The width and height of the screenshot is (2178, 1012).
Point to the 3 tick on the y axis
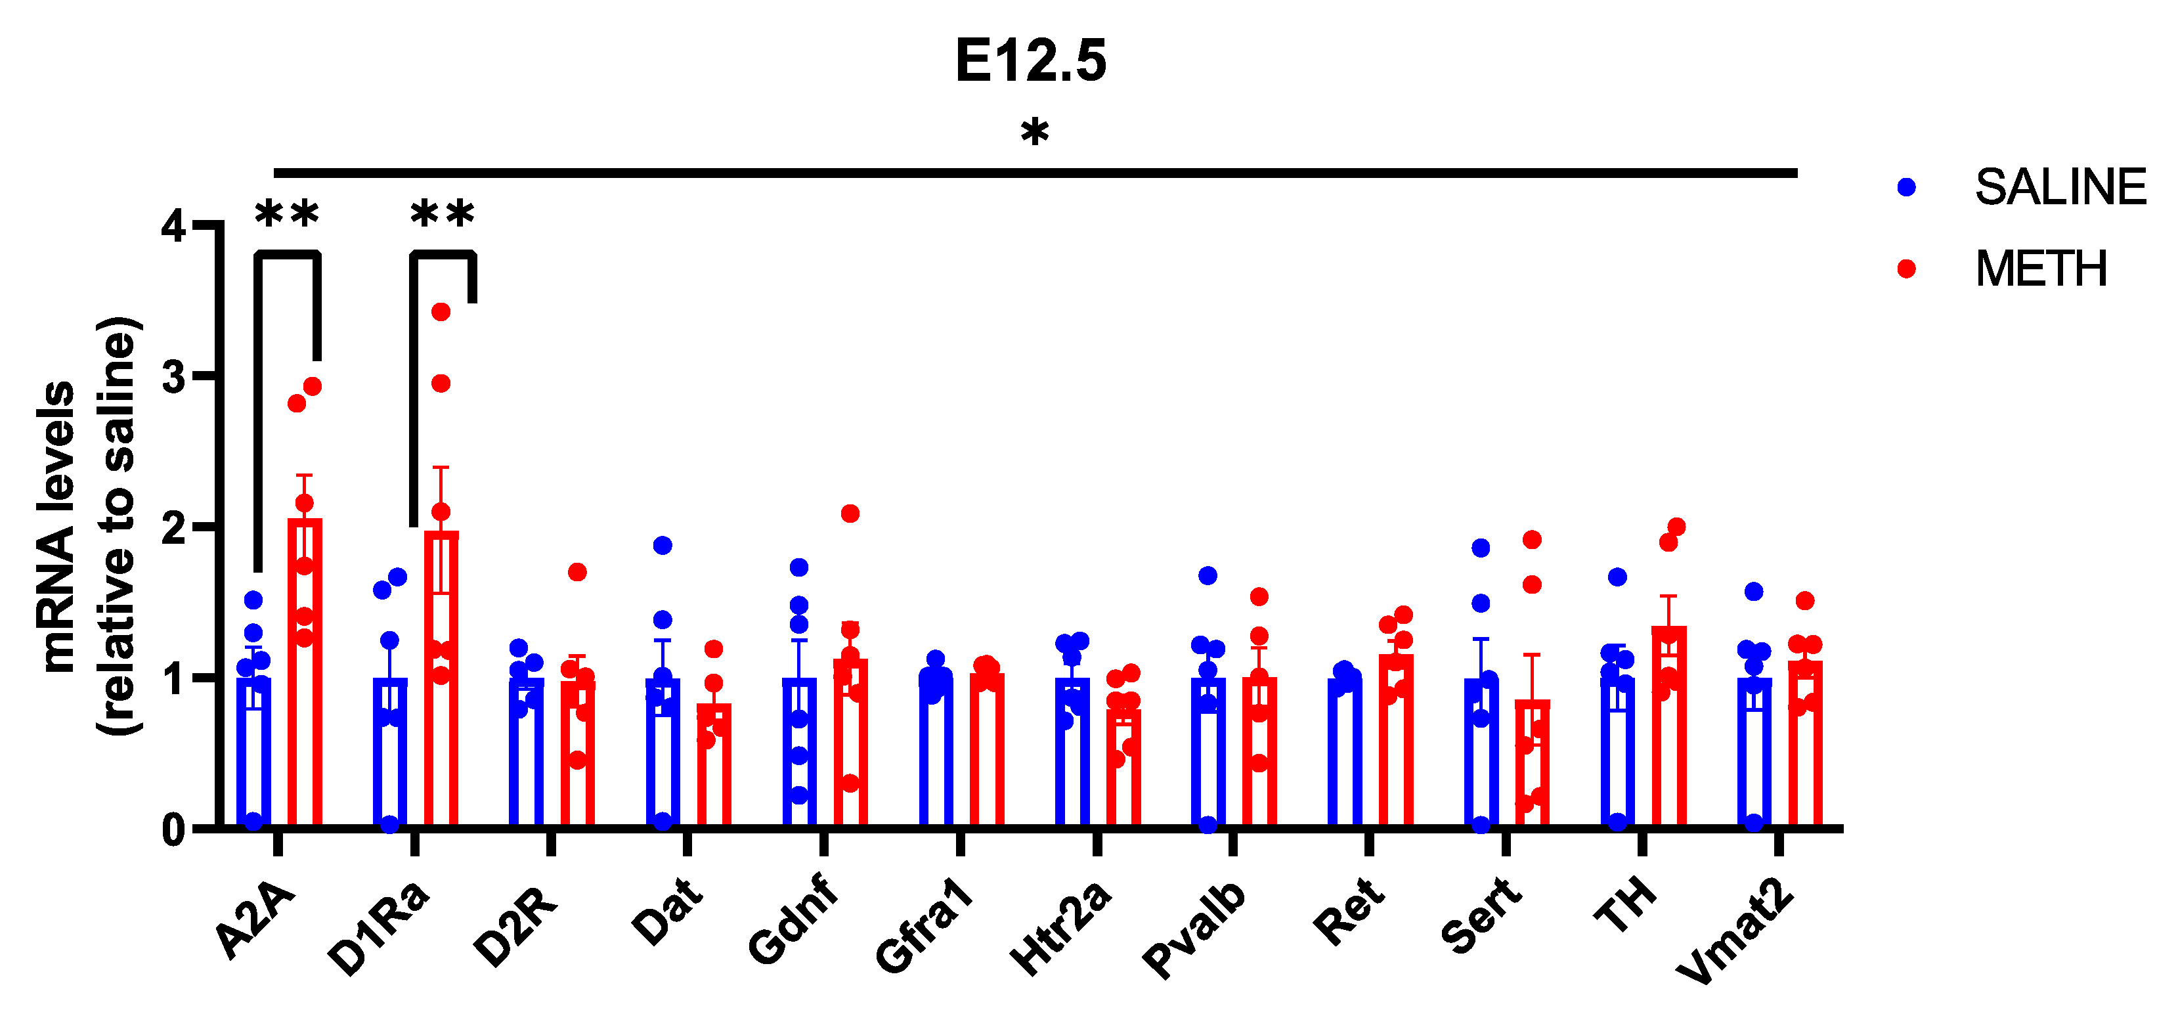pyautogui.click(x=174, y=376)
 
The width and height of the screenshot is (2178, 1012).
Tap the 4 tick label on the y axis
pyautogui.click(x=174, y=226)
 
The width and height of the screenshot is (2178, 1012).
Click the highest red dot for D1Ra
pyautogui.click(x=441, y=312)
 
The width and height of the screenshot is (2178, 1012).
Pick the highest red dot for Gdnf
pyautogui.click(x=850, y=513)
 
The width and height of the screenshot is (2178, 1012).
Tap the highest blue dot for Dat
pyautogui.click(x=663, y=545)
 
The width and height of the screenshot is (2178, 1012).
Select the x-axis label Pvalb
pyautogui.click(x=1194, y=929)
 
